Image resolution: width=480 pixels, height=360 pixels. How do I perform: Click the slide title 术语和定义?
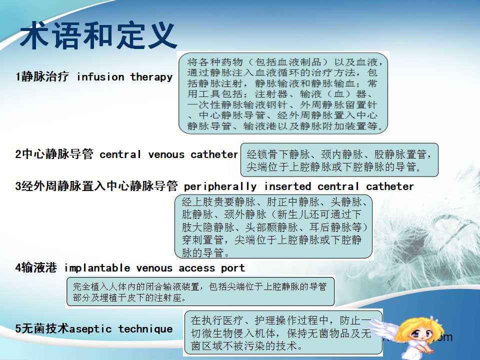point(98,35)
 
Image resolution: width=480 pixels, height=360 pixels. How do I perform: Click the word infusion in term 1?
point(100,77)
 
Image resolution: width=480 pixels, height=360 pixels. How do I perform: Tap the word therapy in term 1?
point(151,77)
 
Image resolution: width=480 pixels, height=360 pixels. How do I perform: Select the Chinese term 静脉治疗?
point(44,76)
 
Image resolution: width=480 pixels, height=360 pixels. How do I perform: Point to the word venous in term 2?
point(166,154)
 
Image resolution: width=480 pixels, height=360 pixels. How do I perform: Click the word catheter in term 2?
point(214,154)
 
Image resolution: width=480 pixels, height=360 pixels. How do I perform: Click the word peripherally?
point(220,186)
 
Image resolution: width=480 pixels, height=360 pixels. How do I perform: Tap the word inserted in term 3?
point(287,186)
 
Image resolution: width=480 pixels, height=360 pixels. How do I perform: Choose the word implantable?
point(97,268)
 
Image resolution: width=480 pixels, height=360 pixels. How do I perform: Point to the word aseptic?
point(90,329)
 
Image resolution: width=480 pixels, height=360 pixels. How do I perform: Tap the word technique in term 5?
point(145,329)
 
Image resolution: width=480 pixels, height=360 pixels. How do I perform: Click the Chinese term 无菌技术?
point(45,328)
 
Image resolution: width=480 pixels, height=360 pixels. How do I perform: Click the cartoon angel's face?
point(421,333)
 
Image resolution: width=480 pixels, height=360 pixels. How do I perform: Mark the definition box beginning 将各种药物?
point(283,93)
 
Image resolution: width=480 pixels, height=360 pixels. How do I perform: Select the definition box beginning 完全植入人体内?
point(200,291)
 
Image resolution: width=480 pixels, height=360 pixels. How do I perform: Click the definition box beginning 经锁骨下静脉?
point(339,160)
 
